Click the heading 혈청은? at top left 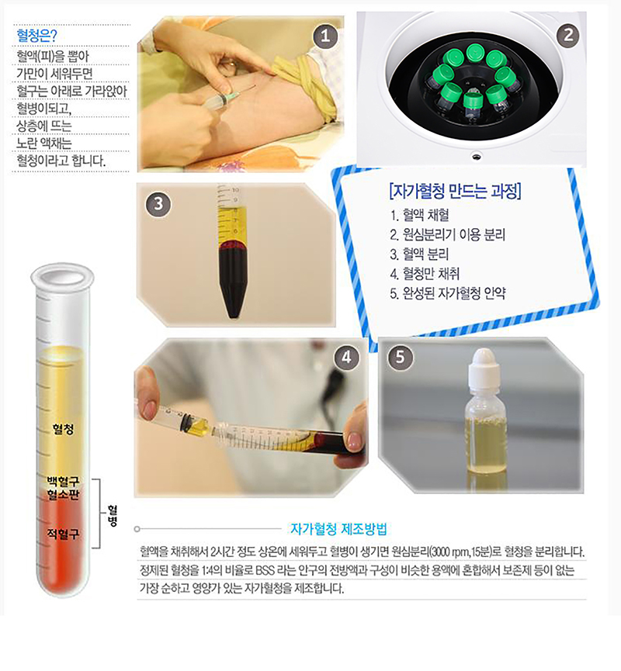coord(36,35)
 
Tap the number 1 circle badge coord(325,36)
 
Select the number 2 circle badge coord(568,35)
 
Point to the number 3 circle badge coord(158,204)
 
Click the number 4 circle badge coord(346,357)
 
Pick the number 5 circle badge coord(400,357)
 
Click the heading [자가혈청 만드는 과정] coord(455,191)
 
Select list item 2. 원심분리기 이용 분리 coord(448,234)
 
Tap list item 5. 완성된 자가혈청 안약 coord(448,293)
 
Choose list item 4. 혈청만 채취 coord(425,274)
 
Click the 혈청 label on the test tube coord(63,429)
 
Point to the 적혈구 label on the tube coord(63,534)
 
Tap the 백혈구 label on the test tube coord(63,482)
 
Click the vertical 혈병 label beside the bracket coord(113,515)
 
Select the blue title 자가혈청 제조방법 coord(338,529)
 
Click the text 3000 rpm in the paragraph coord(449,552)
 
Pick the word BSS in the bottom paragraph coord(265,570)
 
